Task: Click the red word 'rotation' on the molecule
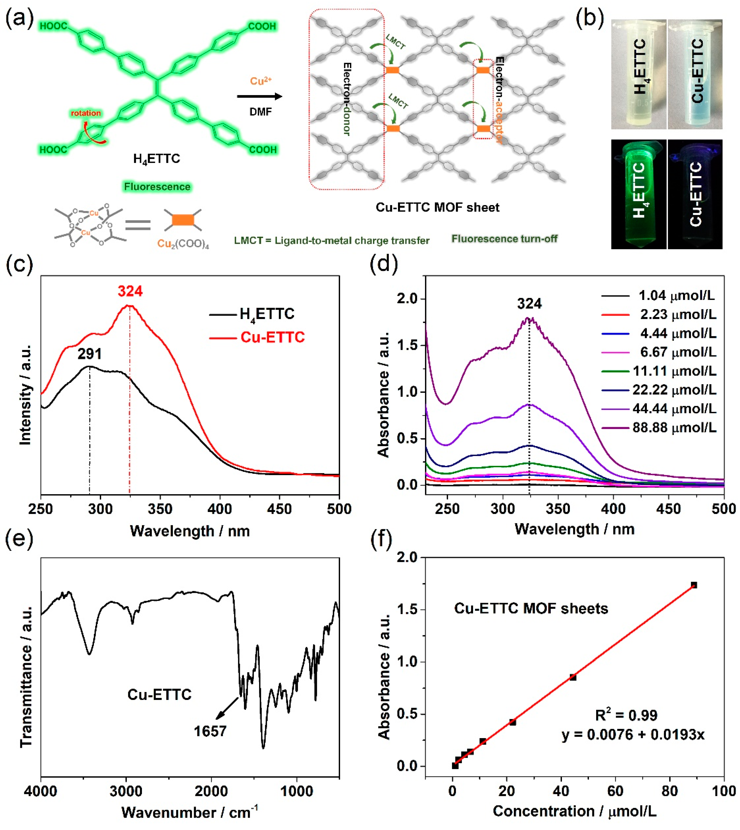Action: (85, 113)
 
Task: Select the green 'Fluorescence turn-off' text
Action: (504, 239)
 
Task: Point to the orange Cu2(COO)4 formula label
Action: (183, 243)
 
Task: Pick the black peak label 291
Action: (90, 354)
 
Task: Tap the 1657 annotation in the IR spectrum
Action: (210, 731)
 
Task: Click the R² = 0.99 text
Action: (626, 715)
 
